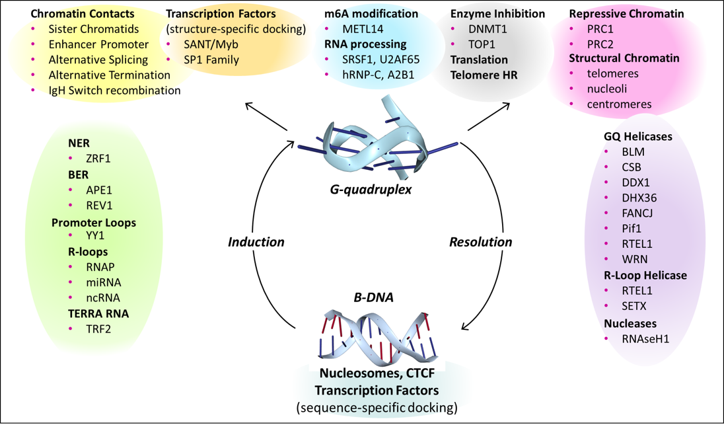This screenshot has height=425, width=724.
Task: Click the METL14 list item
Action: click(365, 29)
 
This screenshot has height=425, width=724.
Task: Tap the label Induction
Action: click(256, 242)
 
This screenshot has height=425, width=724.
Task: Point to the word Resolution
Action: click(480, 242)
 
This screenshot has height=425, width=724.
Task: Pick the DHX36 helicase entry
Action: click(639, 197)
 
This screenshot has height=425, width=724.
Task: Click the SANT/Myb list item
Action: click(211, 44)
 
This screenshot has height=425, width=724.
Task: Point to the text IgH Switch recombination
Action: click(114, 90)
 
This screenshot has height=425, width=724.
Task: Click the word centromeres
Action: click(620, 104)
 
